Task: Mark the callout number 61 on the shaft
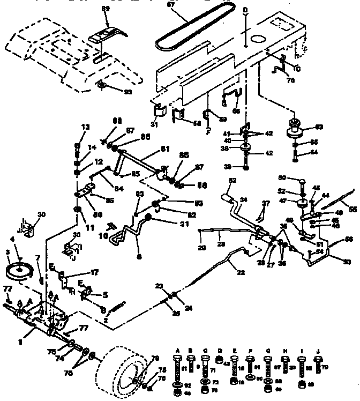pos(166,150)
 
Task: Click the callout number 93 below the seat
pos(127,92)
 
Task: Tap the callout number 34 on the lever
pos(244,200)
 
